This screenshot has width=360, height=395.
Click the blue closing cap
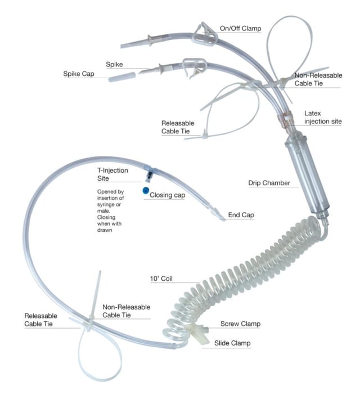pos(146,190)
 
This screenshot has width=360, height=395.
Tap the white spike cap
pos(122,77)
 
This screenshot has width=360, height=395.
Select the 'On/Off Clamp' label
pos(240,29)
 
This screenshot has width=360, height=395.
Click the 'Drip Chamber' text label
pos(269,183)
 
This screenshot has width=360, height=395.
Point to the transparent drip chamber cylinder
pos(307,176)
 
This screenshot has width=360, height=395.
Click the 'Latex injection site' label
pos(323,118)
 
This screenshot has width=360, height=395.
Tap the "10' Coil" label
pos(161,279)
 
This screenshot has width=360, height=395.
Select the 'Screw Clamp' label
pos(240,324)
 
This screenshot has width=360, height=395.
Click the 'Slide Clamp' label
pos(232,343)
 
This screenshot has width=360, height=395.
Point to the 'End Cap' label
pos(241,215)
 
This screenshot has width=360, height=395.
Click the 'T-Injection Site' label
pos(112,174)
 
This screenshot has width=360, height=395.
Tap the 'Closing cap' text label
pos(168,195)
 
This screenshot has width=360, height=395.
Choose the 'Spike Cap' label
pos(79,74)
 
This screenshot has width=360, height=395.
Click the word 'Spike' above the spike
pos(114,65)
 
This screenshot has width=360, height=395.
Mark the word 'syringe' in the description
pos(106,205)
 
